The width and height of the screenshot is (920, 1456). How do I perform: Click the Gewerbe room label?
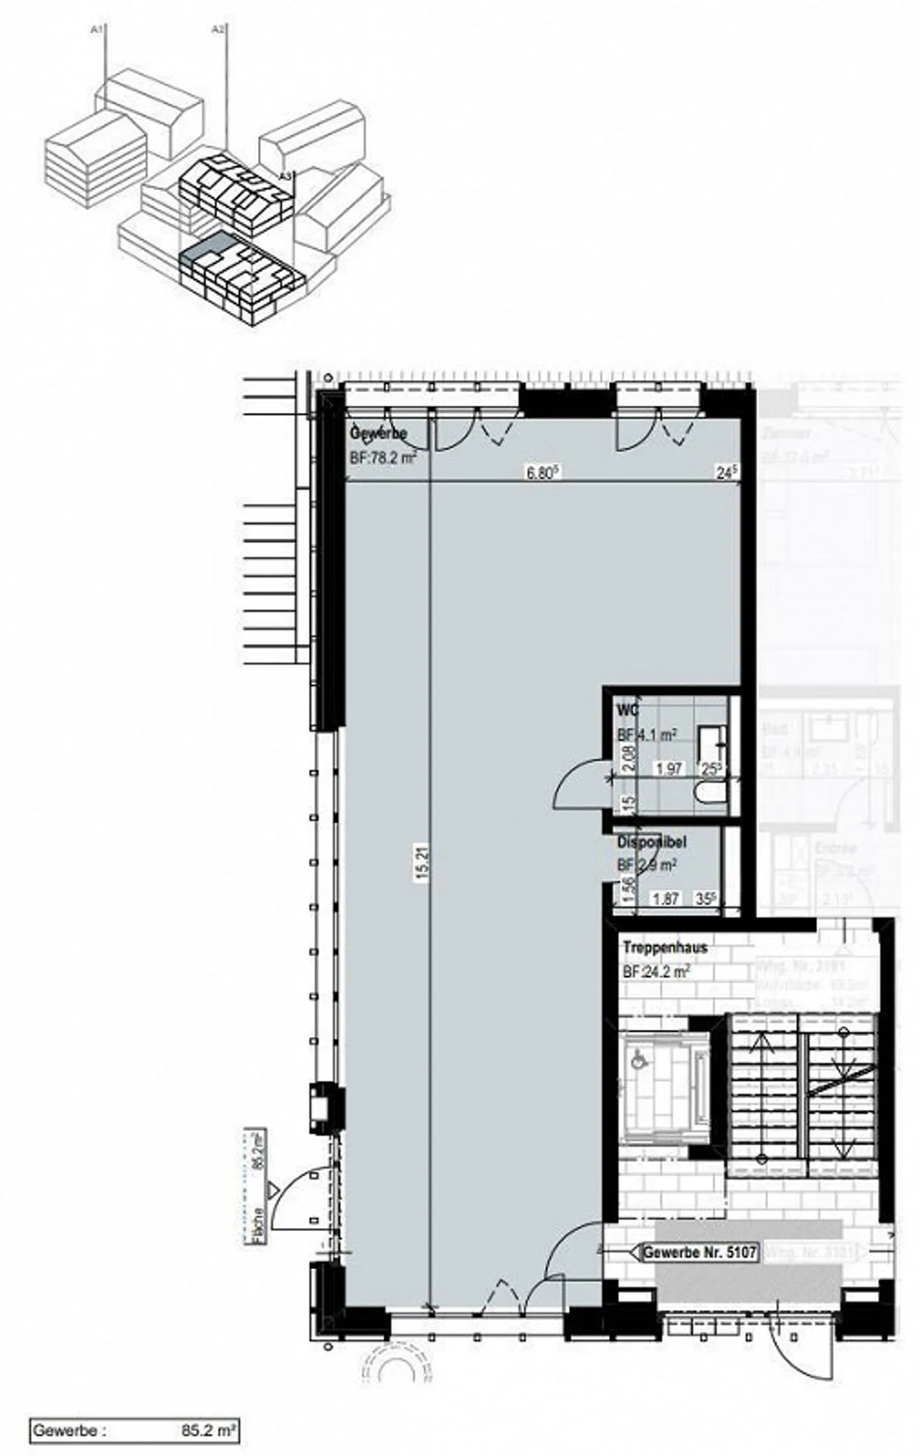378,434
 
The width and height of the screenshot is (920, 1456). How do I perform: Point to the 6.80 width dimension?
543,473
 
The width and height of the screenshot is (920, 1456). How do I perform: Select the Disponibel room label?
652,842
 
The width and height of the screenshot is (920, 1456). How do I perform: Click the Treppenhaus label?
665,948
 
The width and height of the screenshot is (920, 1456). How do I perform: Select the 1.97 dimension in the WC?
669,769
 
